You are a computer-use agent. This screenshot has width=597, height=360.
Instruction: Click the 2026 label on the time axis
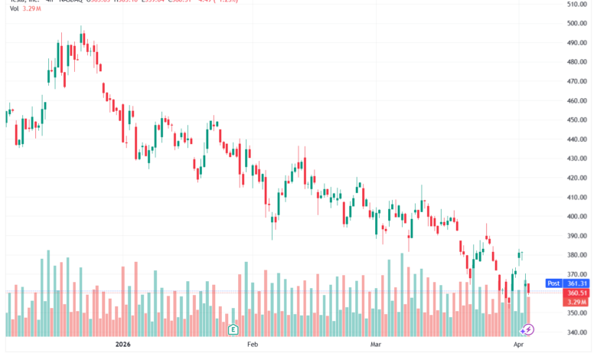(x=123, y=345)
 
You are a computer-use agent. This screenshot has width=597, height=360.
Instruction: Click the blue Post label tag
(x=553, y=283)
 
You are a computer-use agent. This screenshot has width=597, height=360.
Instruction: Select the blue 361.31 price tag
(x=576, y=283)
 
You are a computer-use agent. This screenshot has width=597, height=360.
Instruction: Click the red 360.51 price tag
(x=576, y=293)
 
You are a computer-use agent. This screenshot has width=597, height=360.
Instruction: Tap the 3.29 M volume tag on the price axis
(x=576, y=302)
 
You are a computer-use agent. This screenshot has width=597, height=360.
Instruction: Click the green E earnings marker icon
(x=233, y=329)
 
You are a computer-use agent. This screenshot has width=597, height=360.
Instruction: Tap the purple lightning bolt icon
(x=527, y=329)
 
